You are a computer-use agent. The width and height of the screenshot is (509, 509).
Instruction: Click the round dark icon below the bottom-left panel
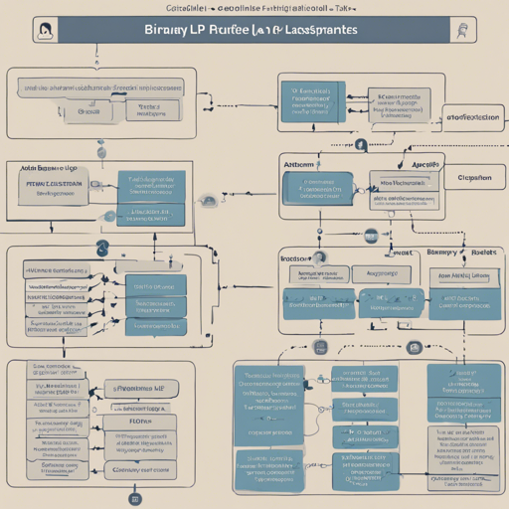point(135,499)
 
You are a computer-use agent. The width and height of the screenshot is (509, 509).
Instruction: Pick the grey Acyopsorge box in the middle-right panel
point(383,271)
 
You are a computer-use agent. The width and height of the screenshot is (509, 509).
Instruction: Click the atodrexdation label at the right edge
point(471,116)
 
